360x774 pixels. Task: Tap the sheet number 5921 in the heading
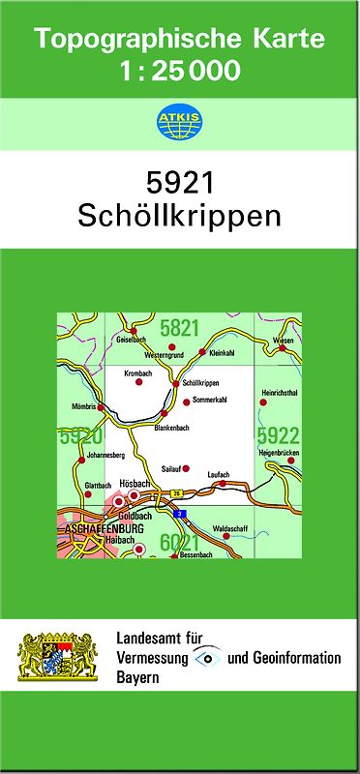point(179,183)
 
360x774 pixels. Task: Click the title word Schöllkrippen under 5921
point(179,214)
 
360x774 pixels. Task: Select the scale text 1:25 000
point(179,70)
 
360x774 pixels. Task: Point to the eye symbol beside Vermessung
point(204,658)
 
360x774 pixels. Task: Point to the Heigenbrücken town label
point(279,454)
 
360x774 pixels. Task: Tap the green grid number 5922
point(278,435)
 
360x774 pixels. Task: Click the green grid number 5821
point(179,329)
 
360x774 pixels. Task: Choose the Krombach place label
point(138,372)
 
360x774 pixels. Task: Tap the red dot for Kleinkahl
point(201,352)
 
